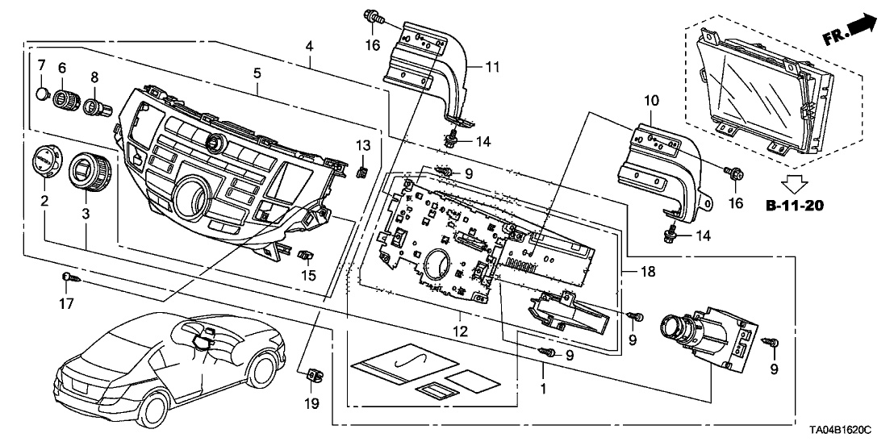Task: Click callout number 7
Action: (x=41, y=64)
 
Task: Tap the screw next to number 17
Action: (x=70, y=278)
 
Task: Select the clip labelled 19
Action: (x=312, y=374)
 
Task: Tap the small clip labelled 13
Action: (x=363, y=170)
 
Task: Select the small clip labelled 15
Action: (x=306, y=256)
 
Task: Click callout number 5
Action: (x=257, y=73)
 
